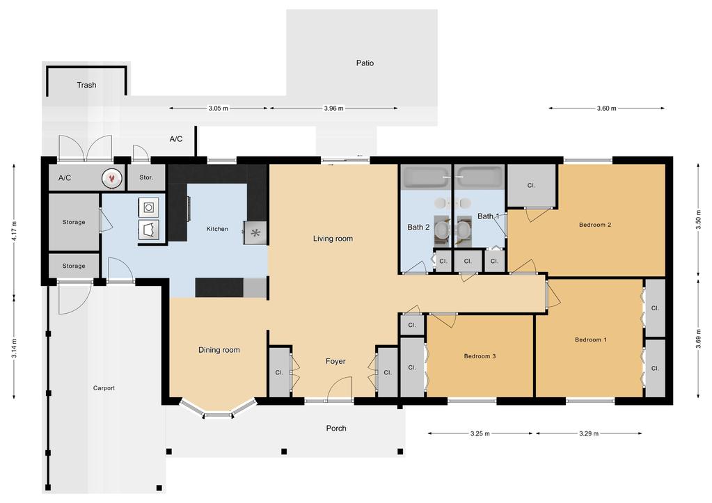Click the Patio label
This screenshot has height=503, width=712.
click(365, 63)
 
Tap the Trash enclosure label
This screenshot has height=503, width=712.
click(86, 85)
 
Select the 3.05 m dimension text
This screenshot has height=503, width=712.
click(219, 108)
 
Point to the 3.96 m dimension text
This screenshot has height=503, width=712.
click(334, 108)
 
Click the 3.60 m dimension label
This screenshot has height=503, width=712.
click(607, 108)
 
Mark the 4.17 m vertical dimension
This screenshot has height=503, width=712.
click(14, 231)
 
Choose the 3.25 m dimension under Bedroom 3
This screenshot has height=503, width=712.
click(480, 433)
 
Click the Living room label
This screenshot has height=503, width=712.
click(333, 239)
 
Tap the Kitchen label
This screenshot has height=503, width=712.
click(217, 229)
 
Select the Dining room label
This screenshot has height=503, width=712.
click(219, 349)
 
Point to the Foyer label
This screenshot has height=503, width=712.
click(335, 361)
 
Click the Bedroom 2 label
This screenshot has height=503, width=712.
click(595, 225)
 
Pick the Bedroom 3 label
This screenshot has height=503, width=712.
click(480, 356)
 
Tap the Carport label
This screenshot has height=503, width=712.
click(104, 388)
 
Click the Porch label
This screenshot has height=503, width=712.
click(336, 428)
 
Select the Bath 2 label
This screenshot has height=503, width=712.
click(418, 227)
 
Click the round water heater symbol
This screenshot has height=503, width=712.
click(111, 178)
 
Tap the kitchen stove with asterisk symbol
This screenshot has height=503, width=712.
click(255, 233)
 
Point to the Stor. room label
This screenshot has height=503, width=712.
click(146, 177)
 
